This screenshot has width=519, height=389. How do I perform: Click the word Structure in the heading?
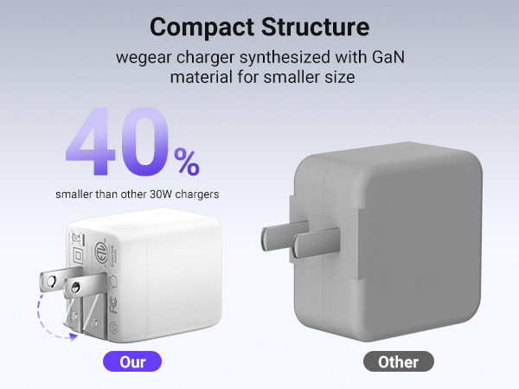pyautogui.click(x=317, y=27)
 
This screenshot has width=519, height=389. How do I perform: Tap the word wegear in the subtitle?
pyautogui.click(x=144, y=59)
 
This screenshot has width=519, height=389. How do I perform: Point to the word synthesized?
pyautogui.click(x=269, y=59)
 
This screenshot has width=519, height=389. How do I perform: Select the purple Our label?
pyautogui.click(x=131, y=361)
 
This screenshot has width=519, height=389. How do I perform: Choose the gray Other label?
pyautogui.click(x=398, y=361)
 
